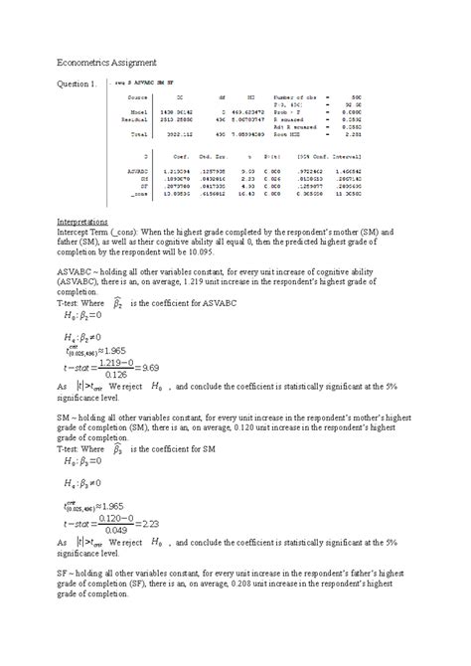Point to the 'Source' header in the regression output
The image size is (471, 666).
point(137,97)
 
